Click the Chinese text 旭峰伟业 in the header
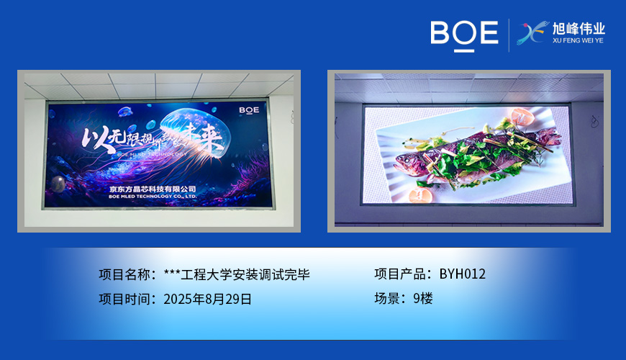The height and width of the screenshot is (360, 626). pos(578,30)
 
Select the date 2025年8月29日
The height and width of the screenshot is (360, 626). pos(208,299)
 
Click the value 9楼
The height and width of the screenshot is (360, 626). pos(423,299)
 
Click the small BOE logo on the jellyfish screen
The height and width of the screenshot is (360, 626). pos(249,110)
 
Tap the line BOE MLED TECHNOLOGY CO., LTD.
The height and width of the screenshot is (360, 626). pos(153,196)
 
